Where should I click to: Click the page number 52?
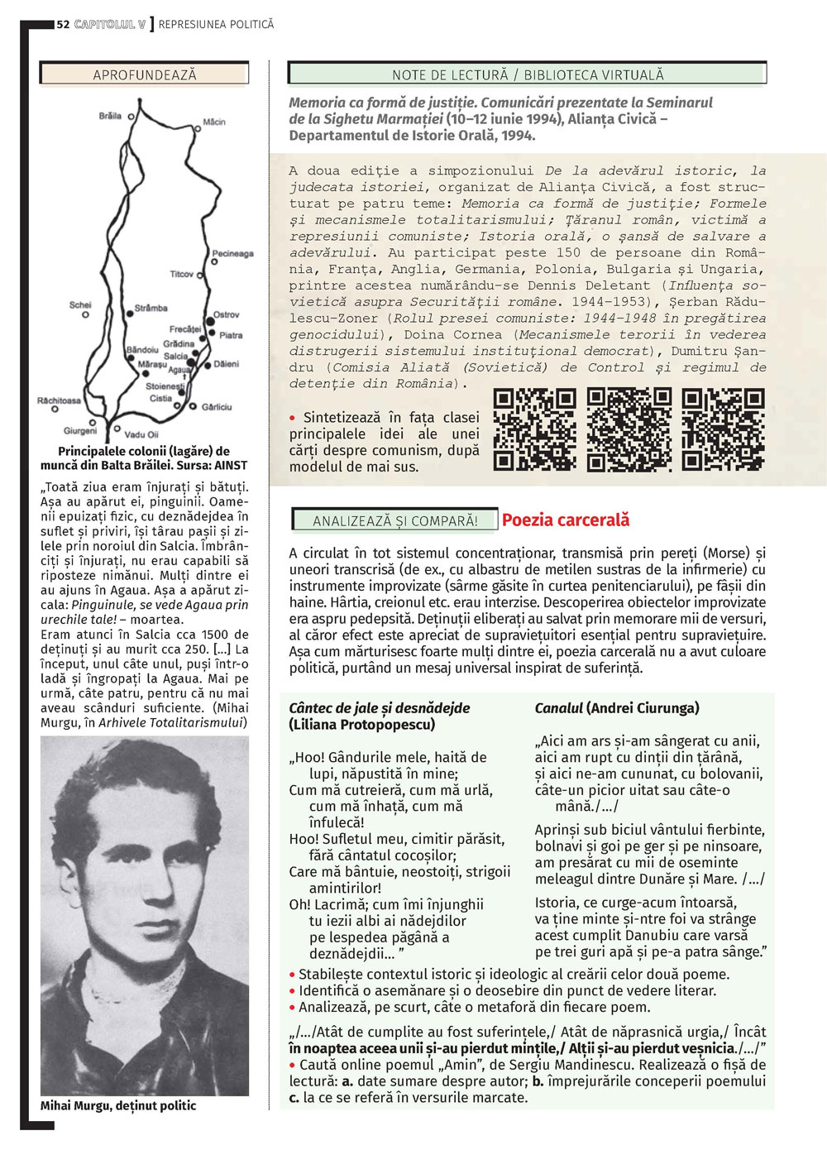point(63,25)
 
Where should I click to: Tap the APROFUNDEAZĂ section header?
point(145,74)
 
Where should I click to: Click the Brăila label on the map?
point(110,116)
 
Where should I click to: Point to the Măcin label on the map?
point(213,122)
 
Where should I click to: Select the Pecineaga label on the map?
point(232,253)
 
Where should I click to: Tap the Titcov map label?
point(181,274)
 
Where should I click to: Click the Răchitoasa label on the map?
point(59,400)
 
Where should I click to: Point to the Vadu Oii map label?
point(141,434)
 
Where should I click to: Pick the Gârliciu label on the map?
point(217,407)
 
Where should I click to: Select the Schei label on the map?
point(80,305)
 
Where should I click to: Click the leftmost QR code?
point(534,429)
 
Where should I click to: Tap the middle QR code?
point(629,429)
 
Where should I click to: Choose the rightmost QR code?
point(723,429)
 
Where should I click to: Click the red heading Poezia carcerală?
point(566,520)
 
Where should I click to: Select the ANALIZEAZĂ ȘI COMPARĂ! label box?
point(395,520)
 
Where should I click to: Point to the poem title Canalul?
point(559,708)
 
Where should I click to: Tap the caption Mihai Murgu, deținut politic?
point(118,1105)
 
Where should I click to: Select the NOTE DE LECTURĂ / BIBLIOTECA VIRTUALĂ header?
point(528,74)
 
